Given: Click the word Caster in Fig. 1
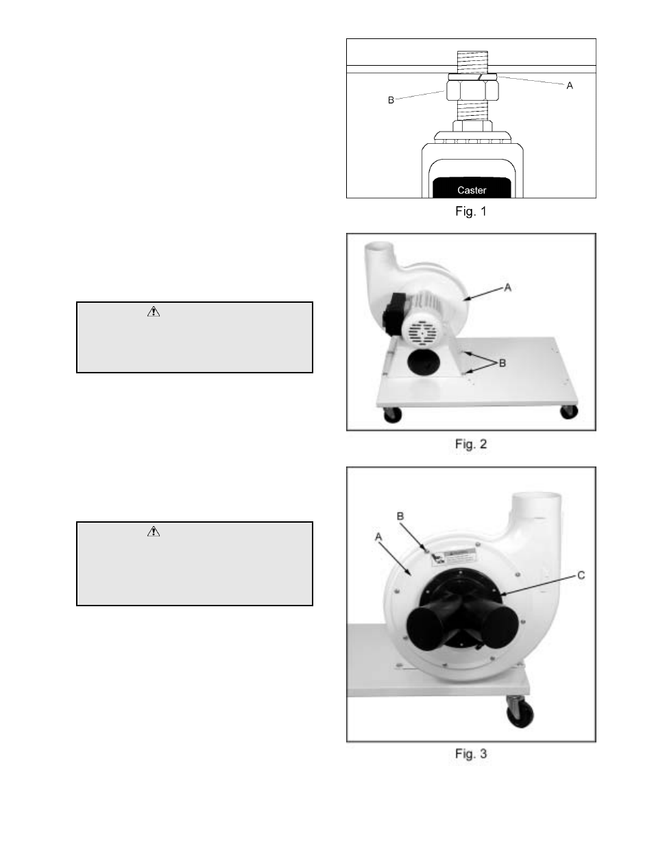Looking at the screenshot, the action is click(x=472, y=190).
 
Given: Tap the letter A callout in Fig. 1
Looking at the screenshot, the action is click(x=570, y=86).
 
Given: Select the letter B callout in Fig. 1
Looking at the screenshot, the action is click(x=391, y=101).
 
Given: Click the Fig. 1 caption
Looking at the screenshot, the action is click(x=471, y=212).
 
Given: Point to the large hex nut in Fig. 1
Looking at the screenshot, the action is click(x=472, y=90).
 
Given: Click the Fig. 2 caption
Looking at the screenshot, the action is click(x=471, y=444).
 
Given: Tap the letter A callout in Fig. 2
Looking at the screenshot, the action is click(x=507, y=288).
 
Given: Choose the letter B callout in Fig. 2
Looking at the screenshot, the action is click(x=502, y=363).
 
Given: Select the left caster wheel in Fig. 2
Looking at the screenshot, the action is click(x=392, y=415).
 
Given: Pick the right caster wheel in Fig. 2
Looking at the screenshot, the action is click(x=569, y=412).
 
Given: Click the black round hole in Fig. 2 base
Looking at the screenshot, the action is click(x=424, y=362).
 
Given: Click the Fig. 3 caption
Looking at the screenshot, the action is click(x=471, y=754).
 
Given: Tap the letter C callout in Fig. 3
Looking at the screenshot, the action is click(x=581, y=575).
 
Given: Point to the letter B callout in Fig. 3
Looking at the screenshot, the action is click(x=400, y=517).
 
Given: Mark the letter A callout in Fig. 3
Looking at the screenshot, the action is click(x=378, y=537).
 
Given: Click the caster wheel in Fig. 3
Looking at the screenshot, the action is click(x=520, y=714).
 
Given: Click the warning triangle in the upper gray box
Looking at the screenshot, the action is click(x=154, y=312).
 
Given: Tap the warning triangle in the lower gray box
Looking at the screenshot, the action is click(x=154, y=531).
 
